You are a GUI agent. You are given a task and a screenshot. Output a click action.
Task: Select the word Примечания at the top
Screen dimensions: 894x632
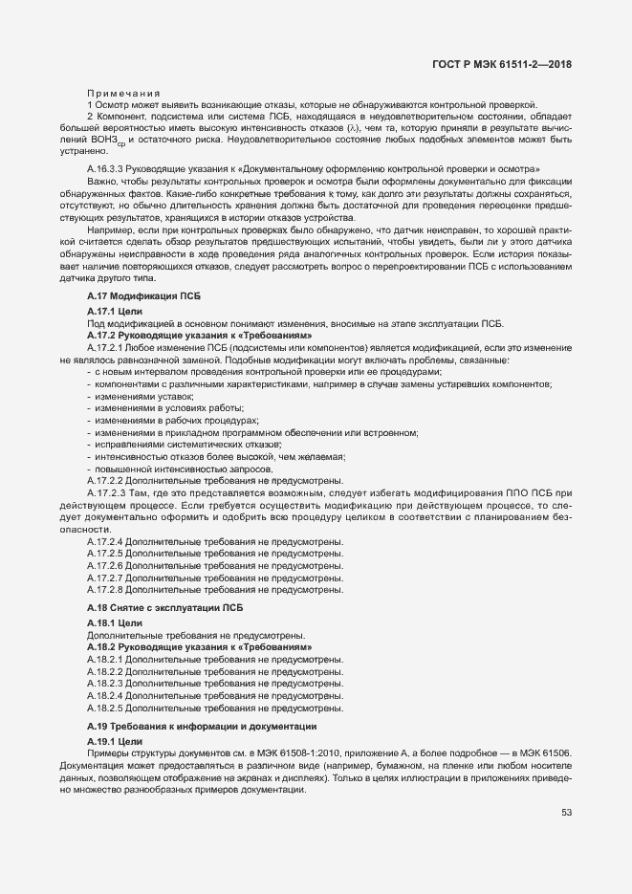pyautogui.click(x=123, y=93)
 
